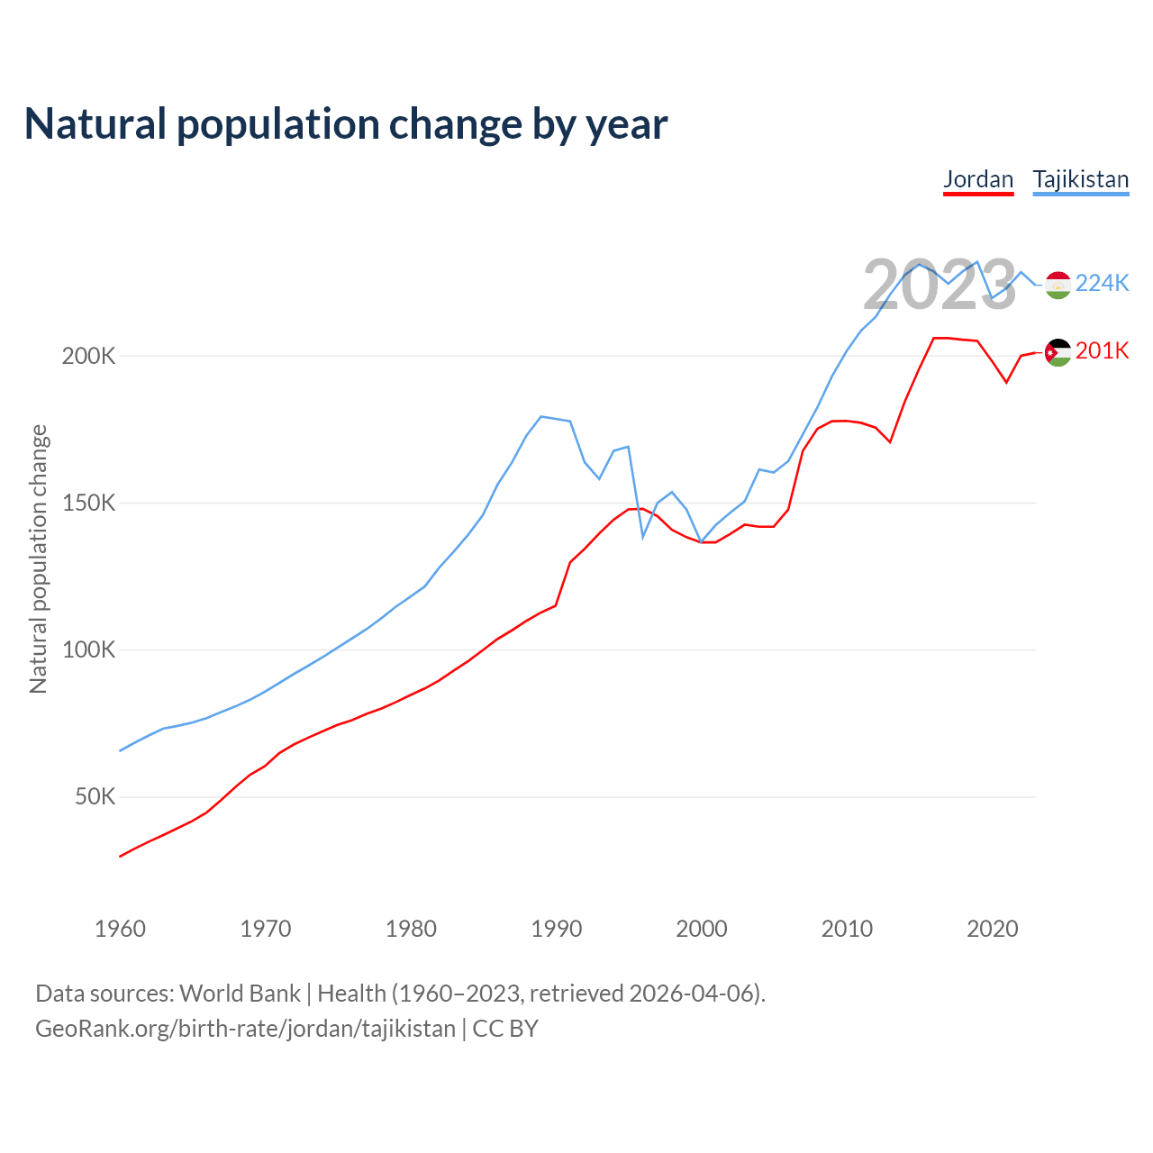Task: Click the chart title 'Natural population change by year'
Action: [x=346, y=124]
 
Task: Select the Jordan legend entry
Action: [x=978, y=179]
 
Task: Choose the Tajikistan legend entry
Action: [x=1080, y=179]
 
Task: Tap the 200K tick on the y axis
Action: [x=89, y=356]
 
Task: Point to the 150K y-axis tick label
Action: [x=89, y=503]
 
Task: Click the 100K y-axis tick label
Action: [x=89, y=649]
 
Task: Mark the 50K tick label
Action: [x=95, y=796]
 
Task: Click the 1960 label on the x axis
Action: [x=120, y=929]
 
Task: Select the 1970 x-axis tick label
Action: [x=266, y=929]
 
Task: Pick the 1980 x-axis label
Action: [x=411, y=929]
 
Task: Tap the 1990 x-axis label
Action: [x=557, y=929]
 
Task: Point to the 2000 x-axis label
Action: [x=702, y=929]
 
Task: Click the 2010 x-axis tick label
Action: [x=847, y=929]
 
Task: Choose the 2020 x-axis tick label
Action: [x=993, y=929]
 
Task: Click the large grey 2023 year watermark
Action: [x=940, y=286]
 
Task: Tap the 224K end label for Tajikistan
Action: [x=1102, y=284]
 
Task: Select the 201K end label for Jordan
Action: [x=1102, y=351]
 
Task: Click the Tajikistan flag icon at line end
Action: [x=1058, y=285]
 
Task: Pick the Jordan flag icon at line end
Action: [x=1058, y=352]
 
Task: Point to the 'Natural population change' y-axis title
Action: [x=39, y=559]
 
